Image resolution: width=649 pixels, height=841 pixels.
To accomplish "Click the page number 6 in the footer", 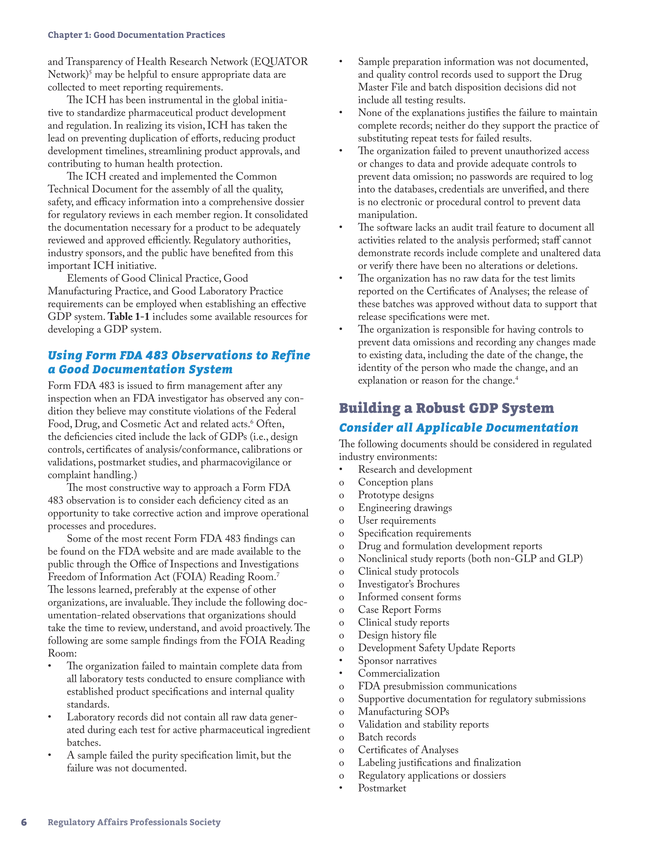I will pyautogui.click(x=24, y=822).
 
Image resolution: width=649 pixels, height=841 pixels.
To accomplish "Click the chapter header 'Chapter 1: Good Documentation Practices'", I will pyautogui.click(x=136, y=35).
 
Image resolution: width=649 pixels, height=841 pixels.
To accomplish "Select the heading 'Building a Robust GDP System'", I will pyautogui.click(x=446, y=408).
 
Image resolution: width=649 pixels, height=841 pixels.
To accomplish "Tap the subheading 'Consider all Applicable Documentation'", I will pyautogui.click(x=458, y=428).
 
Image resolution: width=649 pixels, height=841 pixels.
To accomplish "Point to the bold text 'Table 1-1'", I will pyautogui.click(x=128, y=317).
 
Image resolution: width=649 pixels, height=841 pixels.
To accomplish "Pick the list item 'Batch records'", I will pyautogui.click(x=387, y=737).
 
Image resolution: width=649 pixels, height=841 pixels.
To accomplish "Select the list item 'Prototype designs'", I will pyautogui.click(x=396, y=495).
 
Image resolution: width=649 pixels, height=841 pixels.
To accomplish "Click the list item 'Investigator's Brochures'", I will pyautogui.click(x=409, y=584).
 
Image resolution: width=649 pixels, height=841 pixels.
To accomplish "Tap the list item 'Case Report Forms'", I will pyautogui.click(x=399, y=610).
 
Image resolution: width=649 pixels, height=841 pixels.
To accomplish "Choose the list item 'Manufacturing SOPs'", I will pyautogui.click(x=403, y=712).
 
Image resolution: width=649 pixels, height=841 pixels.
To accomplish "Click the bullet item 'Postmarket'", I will pyautogui.click(x=382, y=788).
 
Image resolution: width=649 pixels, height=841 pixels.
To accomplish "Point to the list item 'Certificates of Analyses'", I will pyautogui.click(x=408, y=750).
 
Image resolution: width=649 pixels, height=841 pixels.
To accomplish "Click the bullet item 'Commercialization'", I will pyautogui.click(x=399, y=673).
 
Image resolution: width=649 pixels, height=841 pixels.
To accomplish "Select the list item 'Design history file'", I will pyautogui.click(x=397, y=635).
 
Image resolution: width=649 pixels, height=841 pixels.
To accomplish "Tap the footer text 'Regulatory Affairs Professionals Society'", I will pyautogui.click(x=134, y=822).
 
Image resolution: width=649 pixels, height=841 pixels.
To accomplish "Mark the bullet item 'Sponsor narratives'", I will pyautogui.click(x=397, y=661).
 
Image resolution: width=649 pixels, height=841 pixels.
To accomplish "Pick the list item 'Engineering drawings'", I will pyautogui.click(x=405, y=507).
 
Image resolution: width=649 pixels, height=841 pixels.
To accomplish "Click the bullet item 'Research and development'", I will pyautogui.click(x=415, y=469).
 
